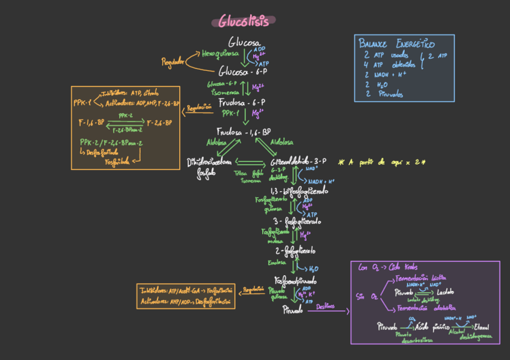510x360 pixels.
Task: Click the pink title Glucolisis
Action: (244, 22)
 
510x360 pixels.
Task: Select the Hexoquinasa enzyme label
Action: (220, 53)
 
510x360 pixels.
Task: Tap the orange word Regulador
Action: (173, 62)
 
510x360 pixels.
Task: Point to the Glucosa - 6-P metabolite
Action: (242, 71)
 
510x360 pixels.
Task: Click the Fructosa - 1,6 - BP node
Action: (244, 132)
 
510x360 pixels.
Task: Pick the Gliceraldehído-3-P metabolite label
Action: (298, 161)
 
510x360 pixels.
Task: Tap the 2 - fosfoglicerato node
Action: (295, 250)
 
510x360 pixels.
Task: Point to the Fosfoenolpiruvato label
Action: (295, 280)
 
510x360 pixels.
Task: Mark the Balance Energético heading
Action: (396, 44)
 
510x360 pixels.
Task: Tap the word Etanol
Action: (482, 326)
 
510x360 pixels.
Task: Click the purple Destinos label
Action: (325, 306)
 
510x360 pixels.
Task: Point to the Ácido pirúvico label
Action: (429, 327)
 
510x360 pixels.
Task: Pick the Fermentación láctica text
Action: (420, 278)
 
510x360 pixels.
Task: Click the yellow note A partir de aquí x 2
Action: (382, 162)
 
